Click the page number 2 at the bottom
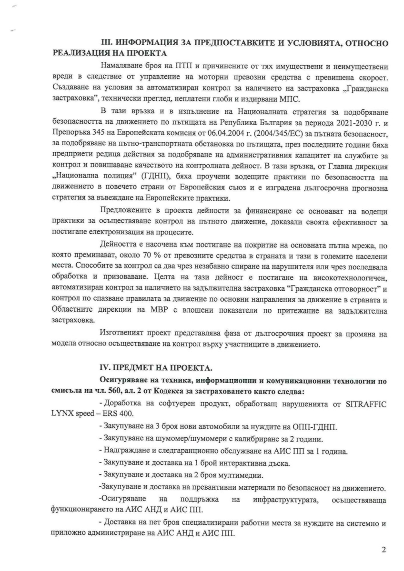pyautogui.click(x=384, y=550)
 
